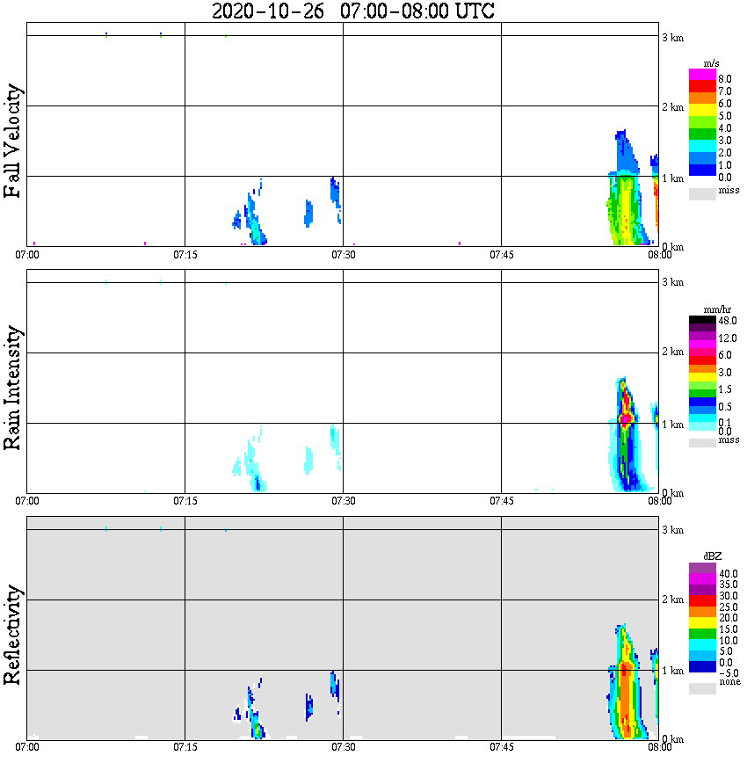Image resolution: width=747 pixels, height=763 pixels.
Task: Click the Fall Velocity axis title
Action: (12, 141)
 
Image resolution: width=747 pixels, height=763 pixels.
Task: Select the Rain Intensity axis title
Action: (12, 388)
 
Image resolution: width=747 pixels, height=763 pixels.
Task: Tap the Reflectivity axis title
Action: (12, 636)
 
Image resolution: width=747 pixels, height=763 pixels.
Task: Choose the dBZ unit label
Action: (713, 557)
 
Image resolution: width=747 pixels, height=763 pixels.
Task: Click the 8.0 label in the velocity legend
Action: (724, 79)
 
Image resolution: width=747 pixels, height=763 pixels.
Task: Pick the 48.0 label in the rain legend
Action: (727, 322)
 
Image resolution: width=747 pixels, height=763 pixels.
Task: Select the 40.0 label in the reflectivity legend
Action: (727, 573)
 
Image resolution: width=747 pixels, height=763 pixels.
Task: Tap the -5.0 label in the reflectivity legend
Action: (727, 672)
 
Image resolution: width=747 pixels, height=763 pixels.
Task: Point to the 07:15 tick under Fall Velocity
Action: (185, 254)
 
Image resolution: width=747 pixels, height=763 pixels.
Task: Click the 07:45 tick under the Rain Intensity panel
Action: (501, 501)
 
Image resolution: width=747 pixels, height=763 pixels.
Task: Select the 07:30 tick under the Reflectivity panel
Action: (343, 748)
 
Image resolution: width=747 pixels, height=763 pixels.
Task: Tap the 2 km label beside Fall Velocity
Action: (673, 107)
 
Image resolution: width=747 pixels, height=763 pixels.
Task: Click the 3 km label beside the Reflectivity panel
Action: (673, 530)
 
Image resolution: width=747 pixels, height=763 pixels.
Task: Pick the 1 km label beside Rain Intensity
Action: (673, 425)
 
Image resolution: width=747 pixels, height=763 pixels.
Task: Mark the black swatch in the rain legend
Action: (702, 320)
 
